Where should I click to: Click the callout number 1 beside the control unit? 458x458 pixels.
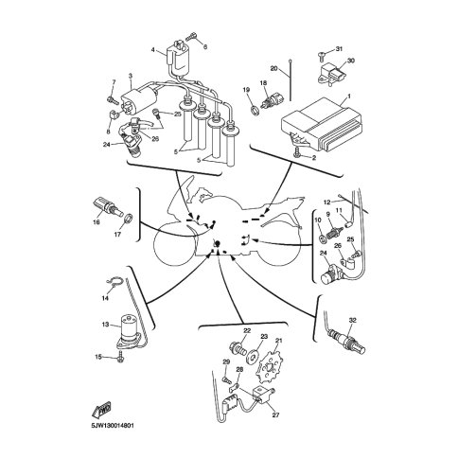click(349, 95)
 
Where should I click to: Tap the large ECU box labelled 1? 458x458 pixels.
click(323, 124)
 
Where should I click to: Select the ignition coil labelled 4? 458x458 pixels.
click(177, 60)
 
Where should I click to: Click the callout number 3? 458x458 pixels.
click(131, 76)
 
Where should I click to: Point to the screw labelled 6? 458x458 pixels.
click(191, 37)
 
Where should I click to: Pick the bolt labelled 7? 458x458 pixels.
click(113, 100)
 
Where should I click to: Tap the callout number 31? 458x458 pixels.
click(339, 49)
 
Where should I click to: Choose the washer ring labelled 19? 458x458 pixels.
click(255, 110)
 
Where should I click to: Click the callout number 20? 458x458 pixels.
click(273, 68)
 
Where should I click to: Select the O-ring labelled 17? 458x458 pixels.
click(128, 219)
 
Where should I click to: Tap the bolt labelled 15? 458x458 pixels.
click(120, 358)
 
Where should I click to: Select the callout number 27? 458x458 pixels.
click(275, 414)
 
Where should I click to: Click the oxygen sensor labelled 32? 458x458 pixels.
click(346, 342)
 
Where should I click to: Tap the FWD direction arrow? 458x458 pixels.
click(101, 411)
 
